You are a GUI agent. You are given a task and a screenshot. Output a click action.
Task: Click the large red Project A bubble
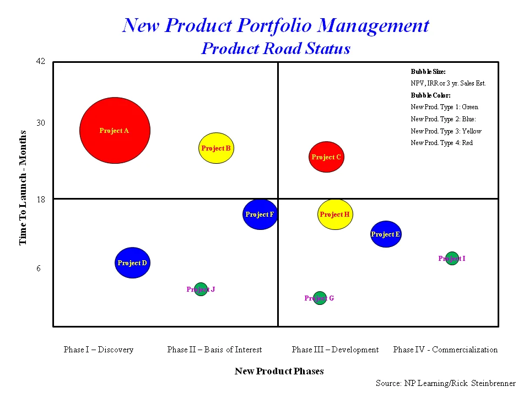point(115,131)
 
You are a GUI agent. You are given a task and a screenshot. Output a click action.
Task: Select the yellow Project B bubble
point(217,148)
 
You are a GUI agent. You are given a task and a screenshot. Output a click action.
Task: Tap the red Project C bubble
point(326,157)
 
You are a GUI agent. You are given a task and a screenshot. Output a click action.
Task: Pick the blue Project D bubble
point(132,262)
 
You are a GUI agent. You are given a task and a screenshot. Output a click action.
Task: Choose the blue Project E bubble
point(386,234)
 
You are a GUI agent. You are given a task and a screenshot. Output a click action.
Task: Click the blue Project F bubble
point(260,214)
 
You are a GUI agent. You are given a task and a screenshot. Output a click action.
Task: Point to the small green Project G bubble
point(320,298)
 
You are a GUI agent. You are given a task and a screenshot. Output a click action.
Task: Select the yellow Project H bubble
point(335,214)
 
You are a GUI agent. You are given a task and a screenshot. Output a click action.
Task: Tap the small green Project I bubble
point(452,258)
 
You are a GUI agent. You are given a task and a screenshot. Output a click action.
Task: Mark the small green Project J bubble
point(201,289)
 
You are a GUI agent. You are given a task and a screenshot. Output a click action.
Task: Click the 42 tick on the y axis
point(40,61)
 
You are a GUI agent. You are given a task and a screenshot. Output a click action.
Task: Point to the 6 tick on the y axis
point(39,269)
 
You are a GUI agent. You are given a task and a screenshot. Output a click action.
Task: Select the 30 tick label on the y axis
point(40,123)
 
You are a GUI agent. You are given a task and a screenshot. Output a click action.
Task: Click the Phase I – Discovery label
point(99,350)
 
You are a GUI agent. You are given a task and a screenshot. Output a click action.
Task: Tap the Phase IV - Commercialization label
point(445,350)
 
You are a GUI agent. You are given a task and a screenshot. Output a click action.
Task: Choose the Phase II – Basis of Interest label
point(214,350)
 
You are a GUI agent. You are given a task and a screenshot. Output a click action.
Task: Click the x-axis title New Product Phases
point(279,371)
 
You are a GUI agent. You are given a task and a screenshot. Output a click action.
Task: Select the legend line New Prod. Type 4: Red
point(441,143)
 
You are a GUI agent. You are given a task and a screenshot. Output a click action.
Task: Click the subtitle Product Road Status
point(276,49)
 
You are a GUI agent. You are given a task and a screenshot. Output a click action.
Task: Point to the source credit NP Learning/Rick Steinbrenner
point(445,383)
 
